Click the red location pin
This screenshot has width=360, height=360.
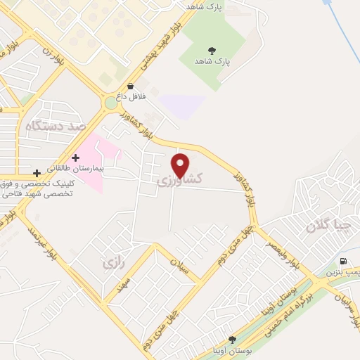(181, 165)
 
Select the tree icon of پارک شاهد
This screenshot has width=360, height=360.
(211, 49)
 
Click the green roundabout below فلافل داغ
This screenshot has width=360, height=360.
(111, 104)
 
